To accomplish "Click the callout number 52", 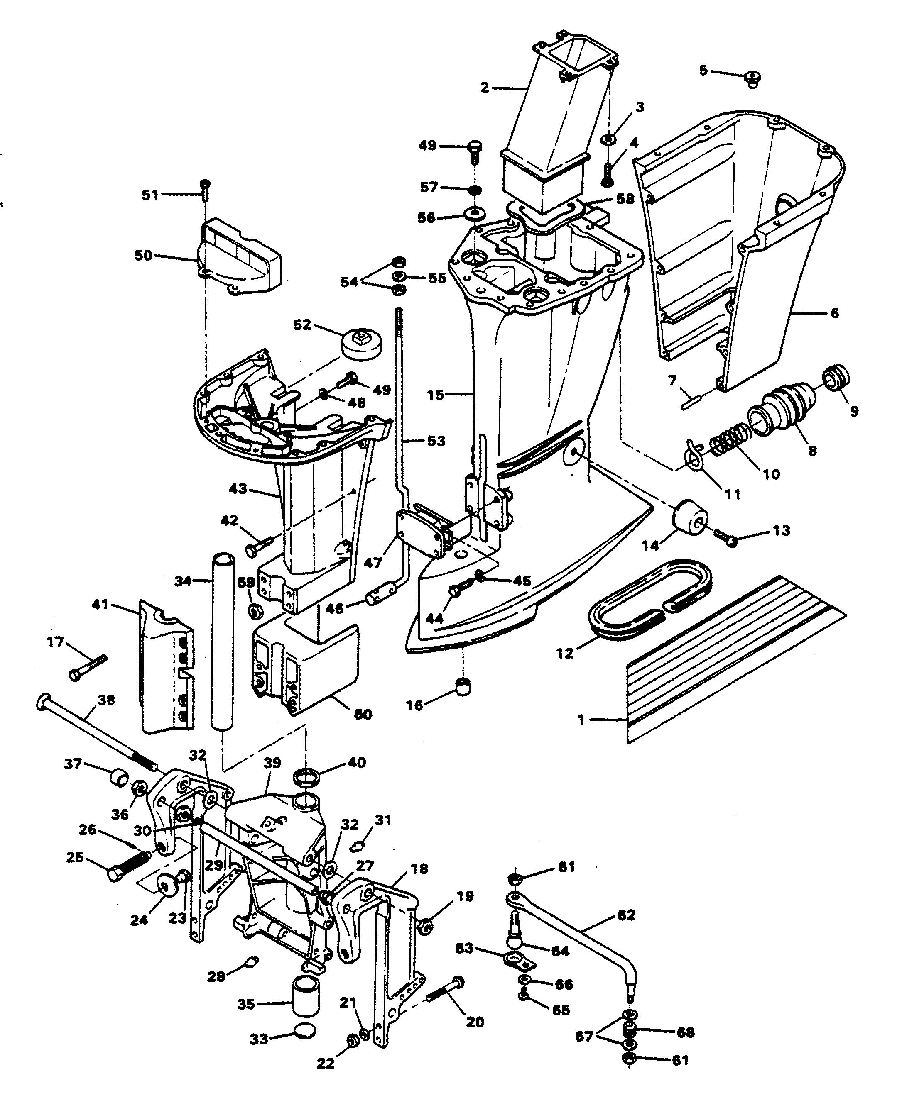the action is click(302, 325).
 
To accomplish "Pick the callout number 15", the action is click(435, 395).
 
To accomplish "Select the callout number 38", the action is click(106, 700).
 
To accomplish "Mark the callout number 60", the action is click(362, 714).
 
